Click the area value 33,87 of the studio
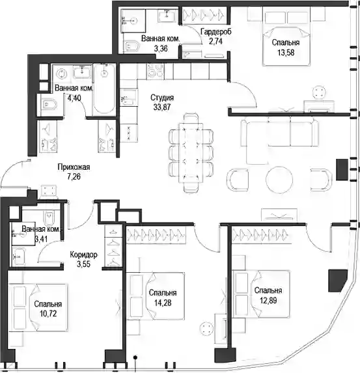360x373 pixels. [162, 107]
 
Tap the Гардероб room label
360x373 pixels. [216, 32]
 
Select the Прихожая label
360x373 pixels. [74, 167]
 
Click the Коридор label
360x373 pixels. [83, 255]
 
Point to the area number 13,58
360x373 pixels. [286, 53]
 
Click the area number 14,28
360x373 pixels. [163, 303]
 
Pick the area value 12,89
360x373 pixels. [268, 301]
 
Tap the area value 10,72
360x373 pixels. [48, 314]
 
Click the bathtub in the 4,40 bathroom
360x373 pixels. [104, 89]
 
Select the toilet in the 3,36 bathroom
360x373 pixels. [132, 46]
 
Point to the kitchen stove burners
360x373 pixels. [156, 71]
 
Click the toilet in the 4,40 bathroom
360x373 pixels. [49, 105]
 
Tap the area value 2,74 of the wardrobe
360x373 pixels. [215, 41]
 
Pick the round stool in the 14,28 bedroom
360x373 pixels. [206, 329]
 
